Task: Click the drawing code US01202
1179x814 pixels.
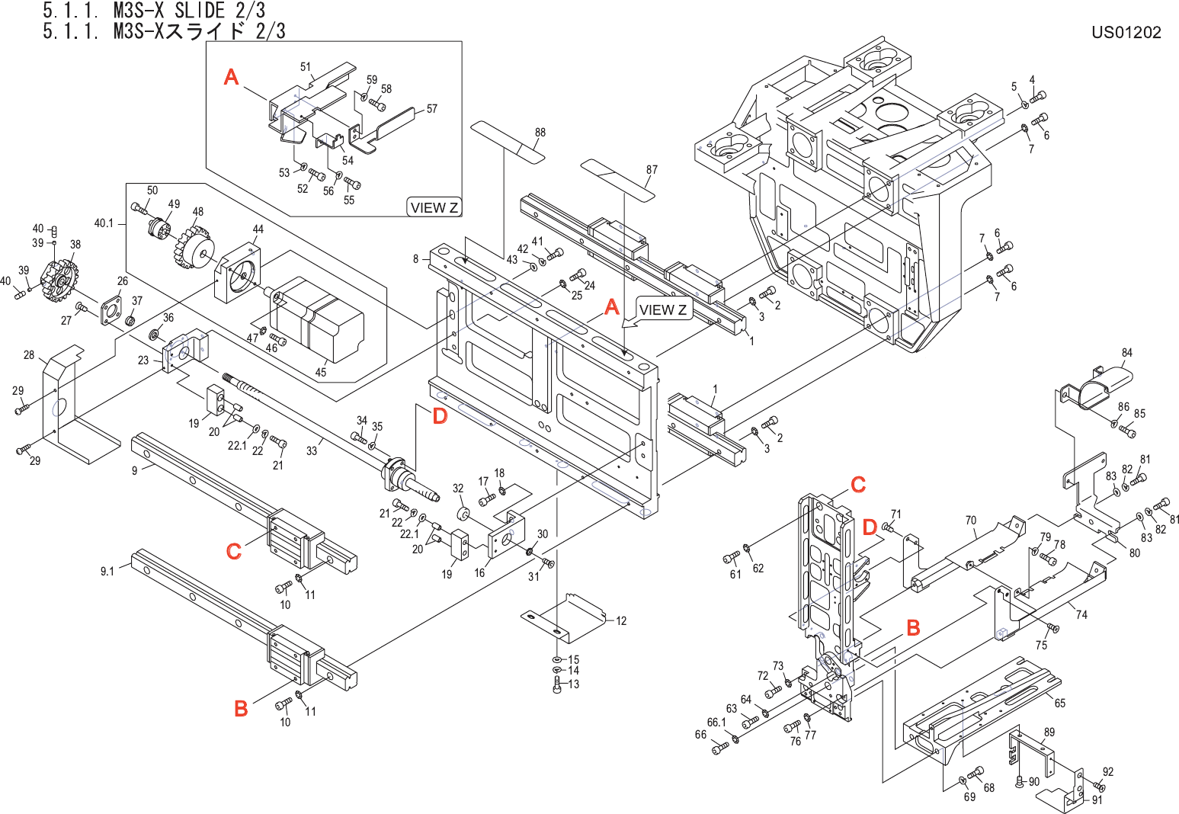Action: (1126, 32)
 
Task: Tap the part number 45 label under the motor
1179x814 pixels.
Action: (321, 372)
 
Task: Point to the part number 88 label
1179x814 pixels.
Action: (540, 132)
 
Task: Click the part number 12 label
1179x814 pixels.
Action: (621, 620)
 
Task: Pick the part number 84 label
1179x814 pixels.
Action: (1127, 352)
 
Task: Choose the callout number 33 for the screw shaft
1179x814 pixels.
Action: (312, 450)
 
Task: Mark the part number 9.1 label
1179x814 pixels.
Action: (107, 572)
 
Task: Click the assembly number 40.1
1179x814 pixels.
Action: (104, 223)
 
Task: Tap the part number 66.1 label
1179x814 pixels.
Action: (716, 723)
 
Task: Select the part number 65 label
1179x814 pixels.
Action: (1059, 703)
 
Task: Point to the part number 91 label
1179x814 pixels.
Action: (1097, 800)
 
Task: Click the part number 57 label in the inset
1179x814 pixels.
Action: (431, 108)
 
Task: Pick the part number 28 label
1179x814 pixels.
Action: (29, 355)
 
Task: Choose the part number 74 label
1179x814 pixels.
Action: (1081, 614)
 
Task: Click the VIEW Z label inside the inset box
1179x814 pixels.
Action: (434, 207)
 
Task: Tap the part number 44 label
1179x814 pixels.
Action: (258, 229)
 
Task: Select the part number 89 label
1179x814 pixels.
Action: (1049, 732)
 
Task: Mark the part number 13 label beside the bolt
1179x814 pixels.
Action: (573, 684)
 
